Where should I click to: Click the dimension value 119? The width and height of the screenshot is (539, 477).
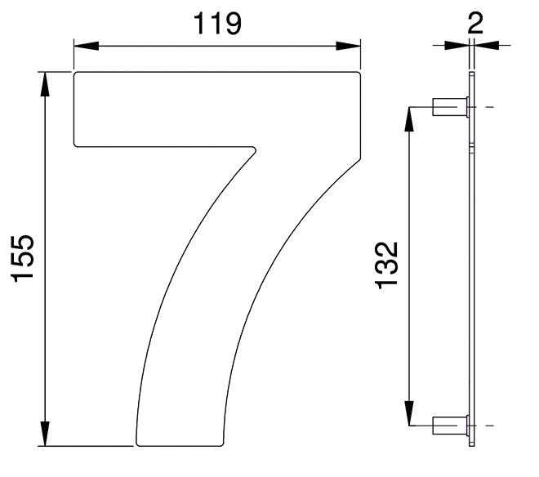(x=217, y=24)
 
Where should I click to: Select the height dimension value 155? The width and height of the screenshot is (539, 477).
(x=23, y=258)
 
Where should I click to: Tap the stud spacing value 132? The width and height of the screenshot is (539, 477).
(x=386, y=265)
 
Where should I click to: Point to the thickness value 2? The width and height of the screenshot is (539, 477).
(x=475, y=24)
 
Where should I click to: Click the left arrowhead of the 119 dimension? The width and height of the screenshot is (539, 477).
(x=87, y=46)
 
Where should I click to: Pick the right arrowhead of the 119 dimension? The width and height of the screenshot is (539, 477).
(x=348, y=46)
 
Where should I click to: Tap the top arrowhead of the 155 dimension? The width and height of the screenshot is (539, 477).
(x=45, y=84)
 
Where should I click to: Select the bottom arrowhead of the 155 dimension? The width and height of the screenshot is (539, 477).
(x=45, y=434)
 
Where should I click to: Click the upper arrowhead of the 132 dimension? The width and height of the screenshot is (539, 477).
(x=408, y=119)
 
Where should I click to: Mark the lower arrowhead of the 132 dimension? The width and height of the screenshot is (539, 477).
(x=408, y=413)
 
